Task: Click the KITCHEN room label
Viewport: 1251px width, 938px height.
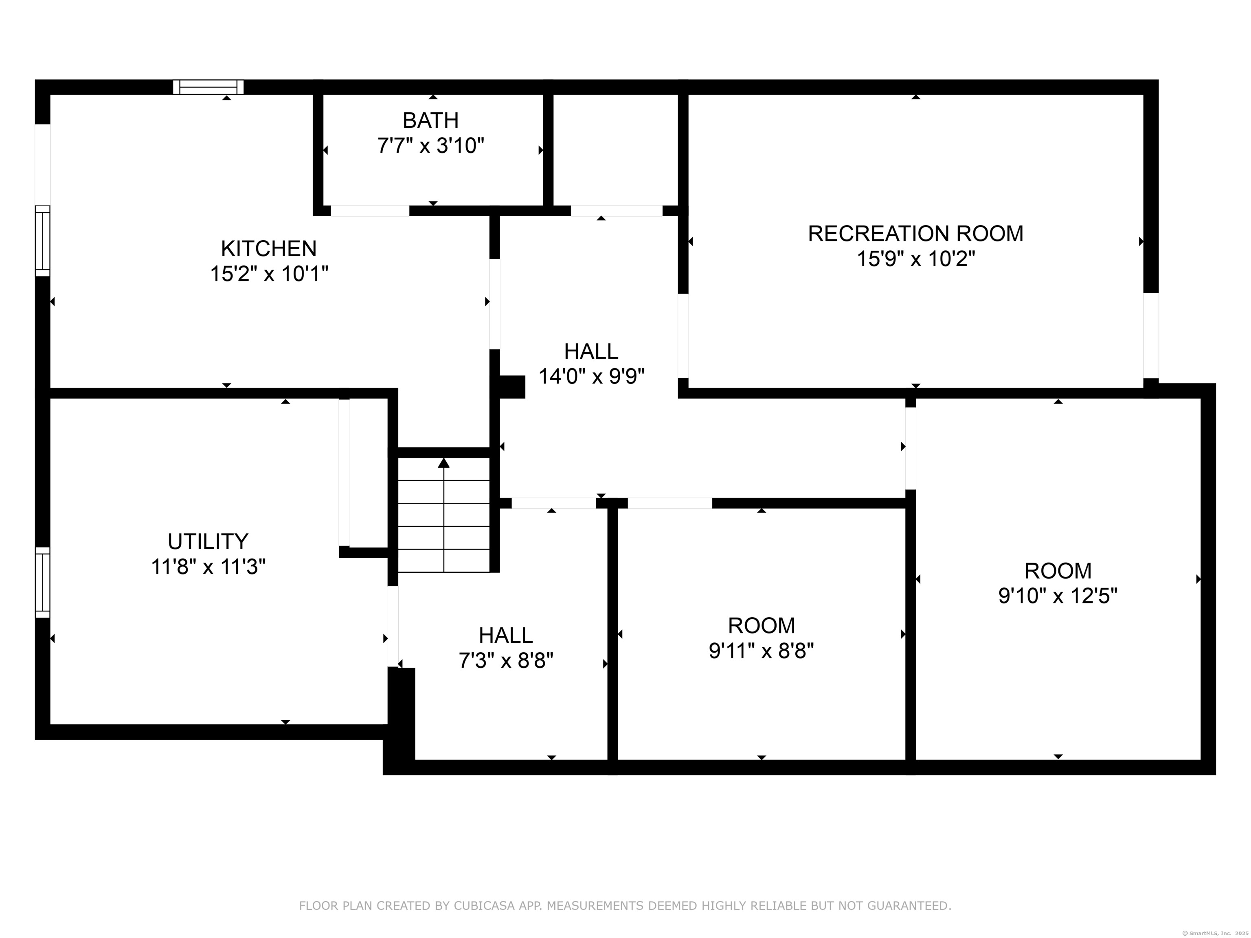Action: coord(269,249)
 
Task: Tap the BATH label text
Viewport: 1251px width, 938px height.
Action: coord(430,121)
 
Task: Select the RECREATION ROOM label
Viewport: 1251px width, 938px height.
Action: coord(915,234)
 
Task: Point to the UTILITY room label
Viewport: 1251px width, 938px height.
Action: coord(208,541)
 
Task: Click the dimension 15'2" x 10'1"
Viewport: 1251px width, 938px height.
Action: coord(269,274)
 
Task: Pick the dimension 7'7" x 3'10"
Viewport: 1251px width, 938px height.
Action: coord(431,146)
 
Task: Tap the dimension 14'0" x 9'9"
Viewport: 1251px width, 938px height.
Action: coord(592,376)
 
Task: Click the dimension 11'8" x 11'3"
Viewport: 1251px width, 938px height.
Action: coord(208,567)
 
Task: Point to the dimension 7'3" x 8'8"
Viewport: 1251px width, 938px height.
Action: coord(506,660)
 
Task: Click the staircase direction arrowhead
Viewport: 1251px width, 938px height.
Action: coord(444,463)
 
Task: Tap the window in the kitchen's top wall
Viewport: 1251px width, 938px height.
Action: coord(208,87)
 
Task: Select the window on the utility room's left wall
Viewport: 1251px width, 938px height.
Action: coord(42,582)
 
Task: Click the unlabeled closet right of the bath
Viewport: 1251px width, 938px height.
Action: coord(615,150)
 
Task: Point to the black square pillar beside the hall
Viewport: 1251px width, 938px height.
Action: coord(512,387)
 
